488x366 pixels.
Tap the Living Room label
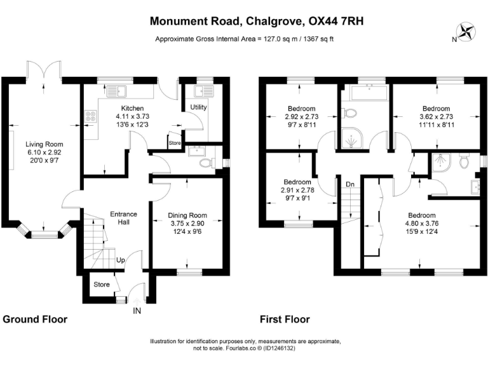[44, 144]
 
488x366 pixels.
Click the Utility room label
[198, 107]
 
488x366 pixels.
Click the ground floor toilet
[205, 163]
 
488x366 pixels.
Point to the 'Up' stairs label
[119, 261]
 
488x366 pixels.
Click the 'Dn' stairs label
[349, 184]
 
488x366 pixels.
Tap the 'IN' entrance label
[137, 311]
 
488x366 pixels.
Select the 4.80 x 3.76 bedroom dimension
[423, 223]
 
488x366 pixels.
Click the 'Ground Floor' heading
[36, 319]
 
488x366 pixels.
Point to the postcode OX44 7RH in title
[335, 21]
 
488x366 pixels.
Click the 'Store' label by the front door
[102, 284]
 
